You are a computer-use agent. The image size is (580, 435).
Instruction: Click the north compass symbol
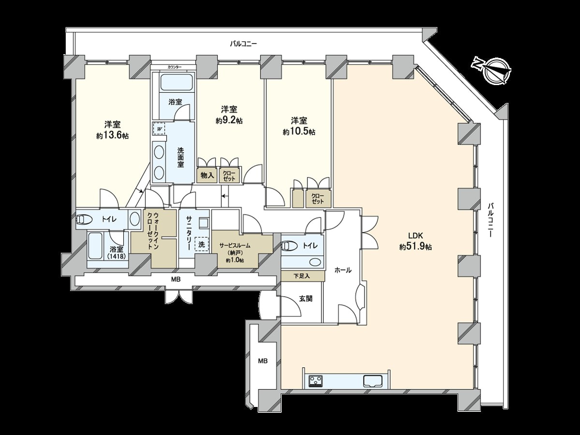point(493,71)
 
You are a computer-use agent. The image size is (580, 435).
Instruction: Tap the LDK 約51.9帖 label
point(416,241)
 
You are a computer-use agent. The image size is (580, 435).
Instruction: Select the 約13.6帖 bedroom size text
point(112,136)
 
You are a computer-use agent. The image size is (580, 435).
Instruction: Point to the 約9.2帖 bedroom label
point(229,121)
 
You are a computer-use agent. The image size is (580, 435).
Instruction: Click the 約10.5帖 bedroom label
point(299,132)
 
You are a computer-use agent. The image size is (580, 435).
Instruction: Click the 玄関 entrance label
point(306,299)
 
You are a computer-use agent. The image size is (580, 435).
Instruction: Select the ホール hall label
point(343,270)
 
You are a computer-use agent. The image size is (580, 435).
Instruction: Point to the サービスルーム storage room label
point(235,246)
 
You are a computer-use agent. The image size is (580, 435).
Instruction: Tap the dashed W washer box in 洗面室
point(159,129)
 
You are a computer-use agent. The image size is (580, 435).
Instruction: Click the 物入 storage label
point(207,175)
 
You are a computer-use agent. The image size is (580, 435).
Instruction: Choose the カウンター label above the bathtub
point(174,67)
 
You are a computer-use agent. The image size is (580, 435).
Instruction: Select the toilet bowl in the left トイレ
point(84,219)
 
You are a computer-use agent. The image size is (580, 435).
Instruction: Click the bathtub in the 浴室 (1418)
point(95,246)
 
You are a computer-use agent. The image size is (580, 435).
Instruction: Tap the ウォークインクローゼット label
point(153,231)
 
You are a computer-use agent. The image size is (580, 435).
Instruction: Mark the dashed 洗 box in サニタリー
point(202,245)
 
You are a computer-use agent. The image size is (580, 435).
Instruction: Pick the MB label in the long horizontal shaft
point(176,279)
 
